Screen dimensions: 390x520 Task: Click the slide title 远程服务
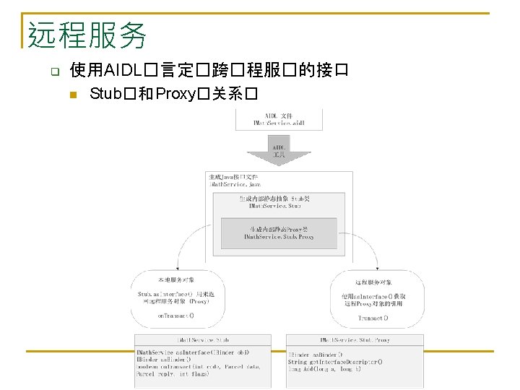87,35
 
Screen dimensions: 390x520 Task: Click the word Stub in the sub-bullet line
105,94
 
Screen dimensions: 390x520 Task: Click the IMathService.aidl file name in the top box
279,123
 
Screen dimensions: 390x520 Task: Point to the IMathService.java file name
230,185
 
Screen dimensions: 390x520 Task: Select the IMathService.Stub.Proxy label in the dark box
279,236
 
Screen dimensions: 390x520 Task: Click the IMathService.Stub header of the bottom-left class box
204,339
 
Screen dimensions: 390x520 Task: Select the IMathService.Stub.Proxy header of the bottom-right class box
354,339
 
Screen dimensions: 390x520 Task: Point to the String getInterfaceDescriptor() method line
336,362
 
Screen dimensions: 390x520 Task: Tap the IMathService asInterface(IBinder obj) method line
193,352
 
